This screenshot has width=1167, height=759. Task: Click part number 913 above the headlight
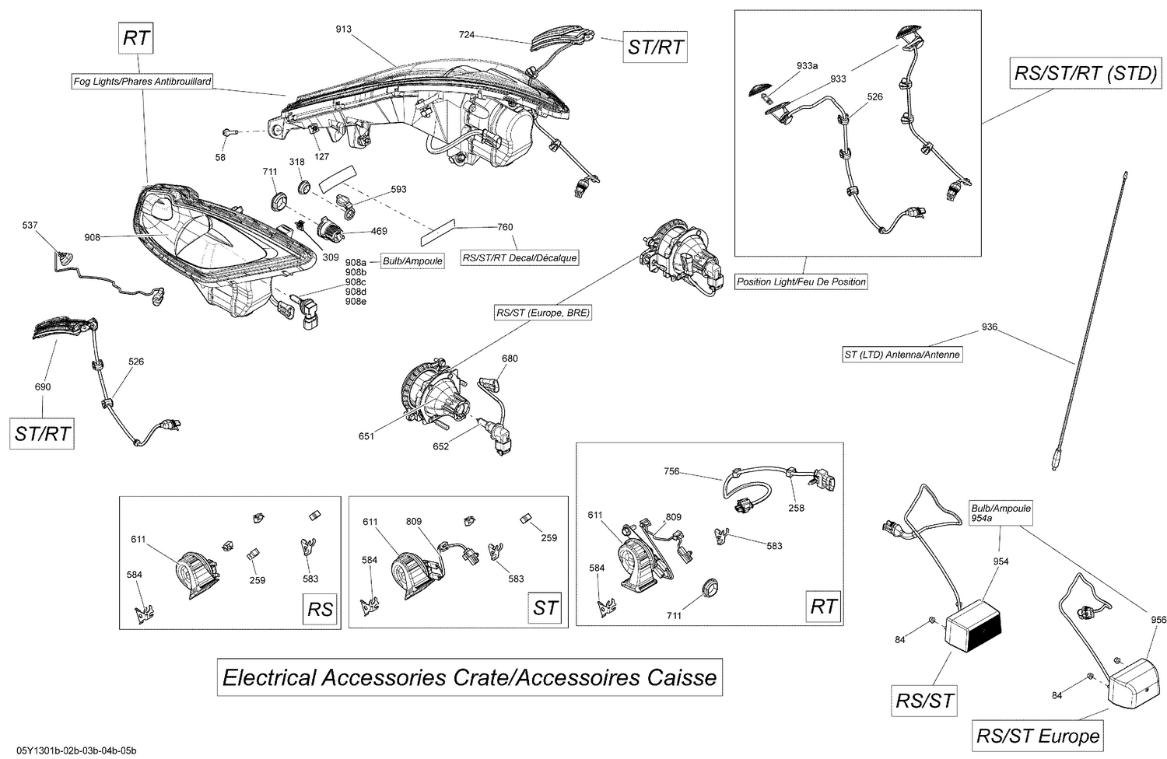(x=343, y=30)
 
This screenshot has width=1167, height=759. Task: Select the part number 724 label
(x=467, y=35)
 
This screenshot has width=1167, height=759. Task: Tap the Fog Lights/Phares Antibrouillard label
(x=142, y=81)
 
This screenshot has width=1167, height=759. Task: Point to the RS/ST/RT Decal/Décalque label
(x=520, y=258)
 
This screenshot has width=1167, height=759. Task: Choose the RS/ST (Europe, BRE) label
(x=543, y=313)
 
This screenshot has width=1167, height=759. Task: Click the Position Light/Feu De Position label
(x=801, y=282)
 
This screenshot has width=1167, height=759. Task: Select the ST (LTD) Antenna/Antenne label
(x=902, y=355)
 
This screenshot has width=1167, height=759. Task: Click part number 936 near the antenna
(x=989, y=327)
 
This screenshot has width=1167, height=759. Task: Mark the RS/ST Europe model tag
(x=1038, y=736)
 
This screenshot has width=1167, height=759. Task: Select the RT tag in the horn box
(x=823, y=606)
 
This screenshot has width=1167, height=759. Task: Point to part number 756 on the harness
(x=671, y=471)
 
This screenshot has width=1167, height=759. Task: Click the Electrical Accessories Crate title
(x=469, y=677)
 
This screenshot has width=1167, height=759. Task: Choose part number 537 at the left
(x=30, y=226)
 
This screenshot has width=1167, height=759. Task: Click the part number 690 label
(x=43, y=387)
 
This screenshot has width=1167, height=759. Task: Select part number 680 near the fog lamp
(x=510, y=359)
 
